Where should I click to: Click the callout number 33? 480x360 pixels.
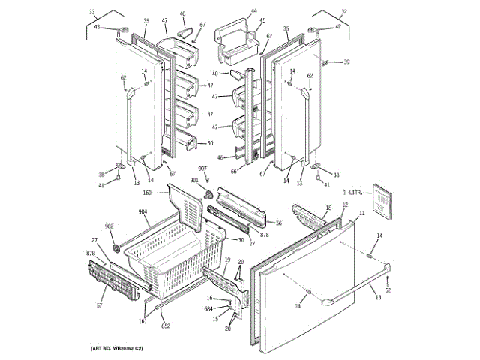point(92,12)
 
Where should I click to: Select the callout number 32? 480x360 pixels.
point(344,12)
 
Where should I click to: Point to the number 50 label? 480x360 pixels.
point(210,143)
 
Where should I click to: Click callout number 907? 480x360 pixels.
point(202,168)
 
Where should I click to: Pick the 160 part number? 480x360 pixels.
point(147,193)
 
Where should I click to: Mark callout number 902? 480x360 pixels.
point(109,226)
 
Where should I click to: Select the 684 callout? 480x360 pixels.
point(208,308)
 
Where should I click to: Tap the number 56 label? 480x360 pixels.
point(278,223)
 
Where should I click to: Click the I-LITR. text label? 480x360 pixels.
point(352,193)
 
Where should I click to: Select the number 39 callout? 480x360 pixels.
point(346,62)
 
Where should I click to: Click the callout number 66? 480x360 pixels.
point(233,172)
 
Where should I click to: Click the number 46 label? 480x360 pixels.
point(220,157)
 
